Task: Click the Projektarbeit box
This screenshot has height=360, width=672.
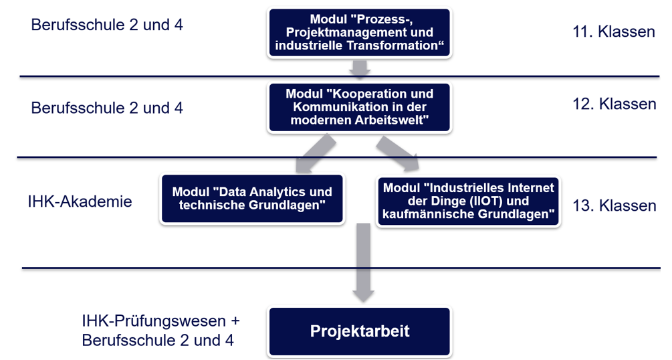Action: coord(360,331)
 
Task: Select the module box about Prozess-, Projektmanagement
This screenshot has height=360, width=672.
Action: coord(360,32)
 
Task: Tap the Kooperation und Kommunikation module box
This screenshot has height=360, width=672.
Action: coord(360,107)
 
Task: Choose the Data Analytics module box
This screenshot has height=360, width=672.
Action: coord(252,198)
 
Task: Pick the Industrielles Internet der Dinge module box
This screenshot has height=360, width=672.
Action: coord(469,201)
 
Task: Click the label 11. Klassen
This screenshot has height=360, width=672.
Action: coord(614,31)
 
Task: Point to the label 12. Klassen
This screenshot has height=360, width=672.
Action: coord(614,104)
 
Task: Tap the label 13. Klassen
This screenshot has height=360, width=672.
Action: coord(614,205)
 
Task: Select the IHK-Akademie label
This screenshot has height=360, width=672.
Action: coord(80,201)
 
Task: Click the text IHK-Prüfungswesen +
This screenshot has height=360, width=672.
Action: coord(160,321)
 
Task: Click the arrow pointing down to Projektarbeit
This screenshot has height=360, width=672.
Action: coord(363,262)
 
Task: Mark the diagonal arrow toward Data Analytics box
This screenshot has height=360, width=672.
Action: coord(316,153)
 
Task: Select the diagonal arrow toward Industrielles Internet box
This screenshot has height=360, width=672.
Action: coord(398,153)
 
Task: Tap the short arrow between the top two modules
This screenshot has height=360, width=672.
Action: coord(360,69)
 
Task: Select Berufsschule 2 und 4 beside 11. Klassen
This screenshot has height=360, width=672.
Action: coord(107,25)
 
